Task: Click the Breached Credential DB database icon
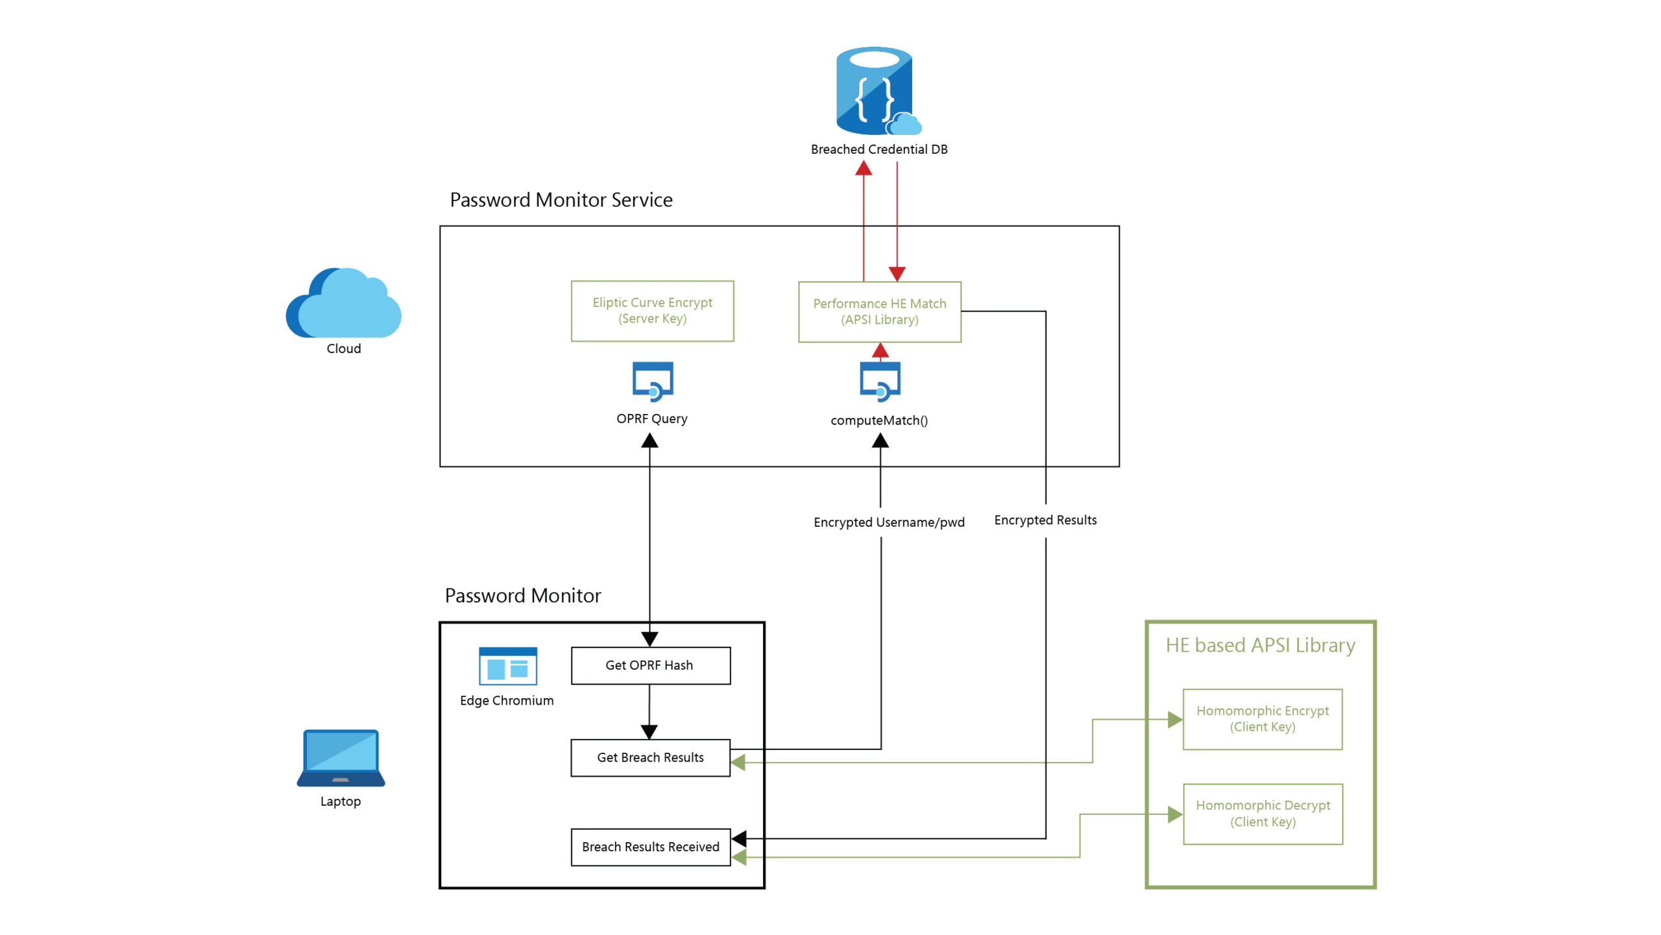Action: (x=876, y=91)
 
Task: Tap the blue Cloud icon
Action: (x=344, y=303)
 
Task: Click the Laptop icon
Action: (x=341, y=758)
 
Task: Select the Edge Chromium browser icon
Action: (x=507, y=666)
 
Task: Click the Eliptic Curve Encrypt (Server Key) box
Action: (x=652, y=311)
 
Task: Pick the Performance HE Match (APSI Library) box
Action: (x=879, y=311)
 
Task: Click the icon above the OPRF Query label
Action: (x=653, y=382)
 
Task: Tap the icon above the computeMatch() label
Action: (x=880, y=382)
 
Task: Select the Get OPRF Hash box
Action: (x=650, y=665)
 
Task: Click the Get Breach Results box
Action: (x=650, y=757)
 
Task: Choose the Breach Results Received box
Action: (x=650, y=847)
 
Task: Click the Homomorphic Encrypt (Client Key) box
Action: (x=1262, y=719)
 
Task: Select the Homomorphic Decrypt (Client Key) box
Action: (x=1263, y=814)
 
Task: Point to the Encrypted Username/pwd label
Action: (x=889, y=522)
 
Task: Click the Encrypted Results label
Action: (x=1045, y=520)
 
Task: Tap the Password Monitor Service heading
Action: (x=561, y=200)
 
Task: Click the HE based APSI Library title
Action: (x=1260, y=645)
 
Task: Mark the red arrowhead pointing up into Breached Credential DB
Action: (x=864, y=169)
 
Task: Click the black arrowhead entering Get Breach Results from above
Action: (x=649, y=732)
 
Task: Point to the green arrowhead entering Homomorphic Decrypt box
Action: (x=1175, y=814)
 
